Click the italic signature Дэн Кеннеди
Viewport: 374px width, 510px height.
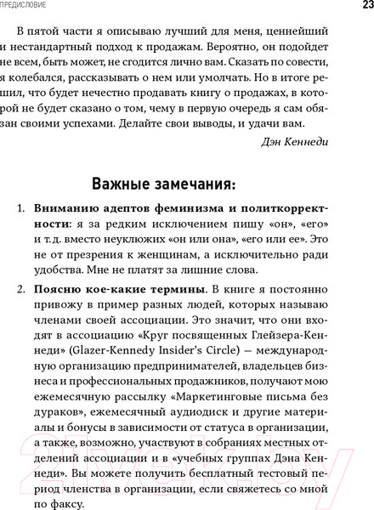pyautogui.click(x=317, y=141)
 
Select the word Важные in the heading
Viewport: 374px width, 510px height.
pyautogui.click(x=122, y=185)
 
